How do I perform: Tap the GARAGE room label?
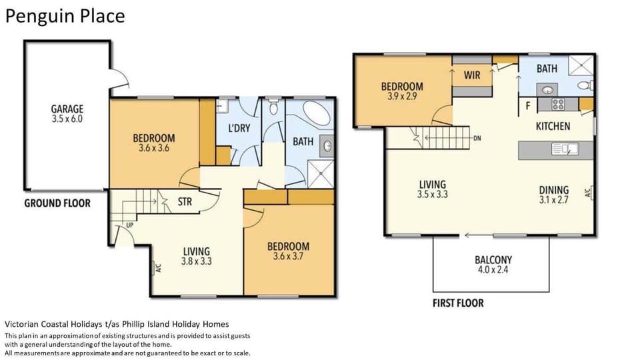[x=67, y=109]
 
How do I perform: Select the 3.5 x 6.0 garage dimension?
[x=67, y=119]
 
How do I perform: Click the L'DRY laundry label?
[x=239, y=128]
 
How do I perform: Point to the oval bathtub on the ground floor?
[x=316, y=113]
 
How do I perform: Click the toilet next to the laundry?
[x=273, y=107]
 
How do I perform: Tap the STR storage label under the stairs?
[x=185, y=201]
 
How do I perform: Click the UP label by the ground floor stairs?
[x=130, y=225]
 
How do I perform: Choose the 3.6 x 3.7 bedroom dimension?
[x=288, y=256]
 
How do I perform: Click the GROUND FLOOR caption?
[x=57, y=203]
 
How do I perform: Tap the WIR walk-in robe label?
[x=472, y=75]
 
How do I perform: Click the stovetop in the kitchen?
[x=557, y=105]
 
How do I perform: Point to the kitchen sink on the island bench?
[x=565, y=149]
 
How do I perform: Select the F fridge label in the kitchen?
[x=528, y=106]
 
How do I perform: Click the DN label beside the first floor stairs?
[x=477, y=139]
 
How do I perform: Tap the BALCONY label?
[x=493, y=259]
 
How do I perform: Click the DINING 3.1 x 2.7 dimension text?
[x=554, y=200]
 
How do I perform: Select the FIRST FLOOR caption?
[x=458, y=303]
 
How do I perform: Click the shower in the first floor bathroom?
[x=581, y=65]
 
